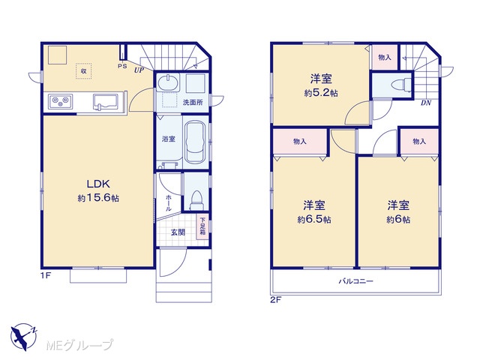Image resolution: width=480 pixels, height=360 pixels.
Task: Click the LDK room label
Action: click(x=98, y=184)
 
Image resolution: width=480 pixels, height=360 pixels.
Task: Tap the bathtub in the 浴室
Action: click(x=196, y=142)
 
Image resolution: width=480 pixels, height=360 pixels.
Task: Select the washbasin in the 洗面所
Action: click(x=168, y=82)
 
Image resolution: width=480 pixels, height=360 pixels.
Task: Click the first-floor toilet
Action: click(x=196, y=200)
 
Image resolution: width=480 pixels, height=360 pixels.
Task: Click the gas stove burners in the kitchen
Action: click(x=60, y=101)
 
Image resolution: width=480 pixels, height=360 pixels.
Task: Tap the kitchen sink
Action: click(x=105, y=101)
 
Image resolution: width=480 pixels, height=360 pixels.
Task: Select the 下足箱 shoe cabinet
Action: click(x=202, y=226)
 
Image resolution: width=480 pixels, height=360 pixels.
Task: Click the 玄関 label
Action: click(x=178, y=232)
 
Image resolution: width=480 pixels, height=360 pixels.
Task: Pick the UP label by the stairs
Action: click(x=139, y=70)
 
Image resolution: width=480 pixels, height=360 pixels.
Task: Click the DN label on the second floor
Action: click(x=426, y=103)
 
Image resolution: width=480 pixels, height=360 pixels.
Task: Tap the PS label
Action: click(x=122, y=66)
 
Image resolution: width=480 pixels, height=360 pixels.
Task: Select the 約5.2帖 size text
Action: click(x=321, y=93)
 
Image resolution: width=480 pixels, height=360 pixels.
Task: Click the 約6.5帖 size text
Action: click(x=314, y=219)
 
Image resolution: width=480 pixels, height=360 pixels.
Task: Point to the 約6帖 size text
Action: click(x=398, y=219)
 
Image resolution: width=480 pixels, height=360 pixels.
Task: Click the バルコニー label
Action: click(x=355, y=281)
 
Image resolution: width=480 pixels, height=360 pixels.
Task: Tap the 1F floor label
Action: click(x=46, y=275)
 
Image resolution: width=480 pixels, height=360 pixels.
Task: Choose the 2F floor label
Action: click(x=275, y=300)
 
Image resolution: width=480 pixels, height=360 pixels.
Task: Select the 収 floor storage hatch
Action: click(x=83, y=71)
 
